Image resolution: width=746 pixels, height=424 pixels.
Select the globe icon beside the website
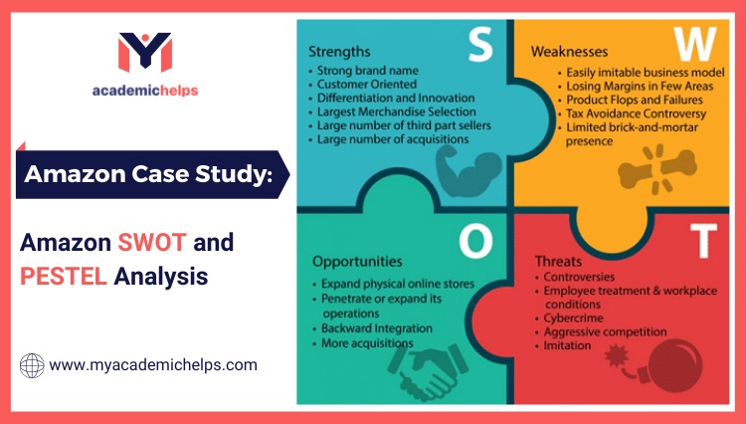point(32,365)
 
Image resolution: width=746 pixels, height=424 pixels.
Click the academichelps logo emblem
point(145,53)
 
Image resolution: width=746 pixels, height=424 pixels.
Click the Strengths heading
point(340,50)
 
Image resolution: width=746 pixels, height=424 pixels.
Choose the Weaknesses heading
point(570,50)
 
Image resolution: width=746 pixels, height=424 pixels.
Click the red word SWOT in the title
point(152,243)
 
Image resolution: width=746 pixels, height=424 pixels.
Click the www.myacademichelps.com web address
point(152,365)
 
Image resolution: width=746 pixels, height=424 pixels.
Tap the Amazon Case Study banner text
point(146,175)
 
